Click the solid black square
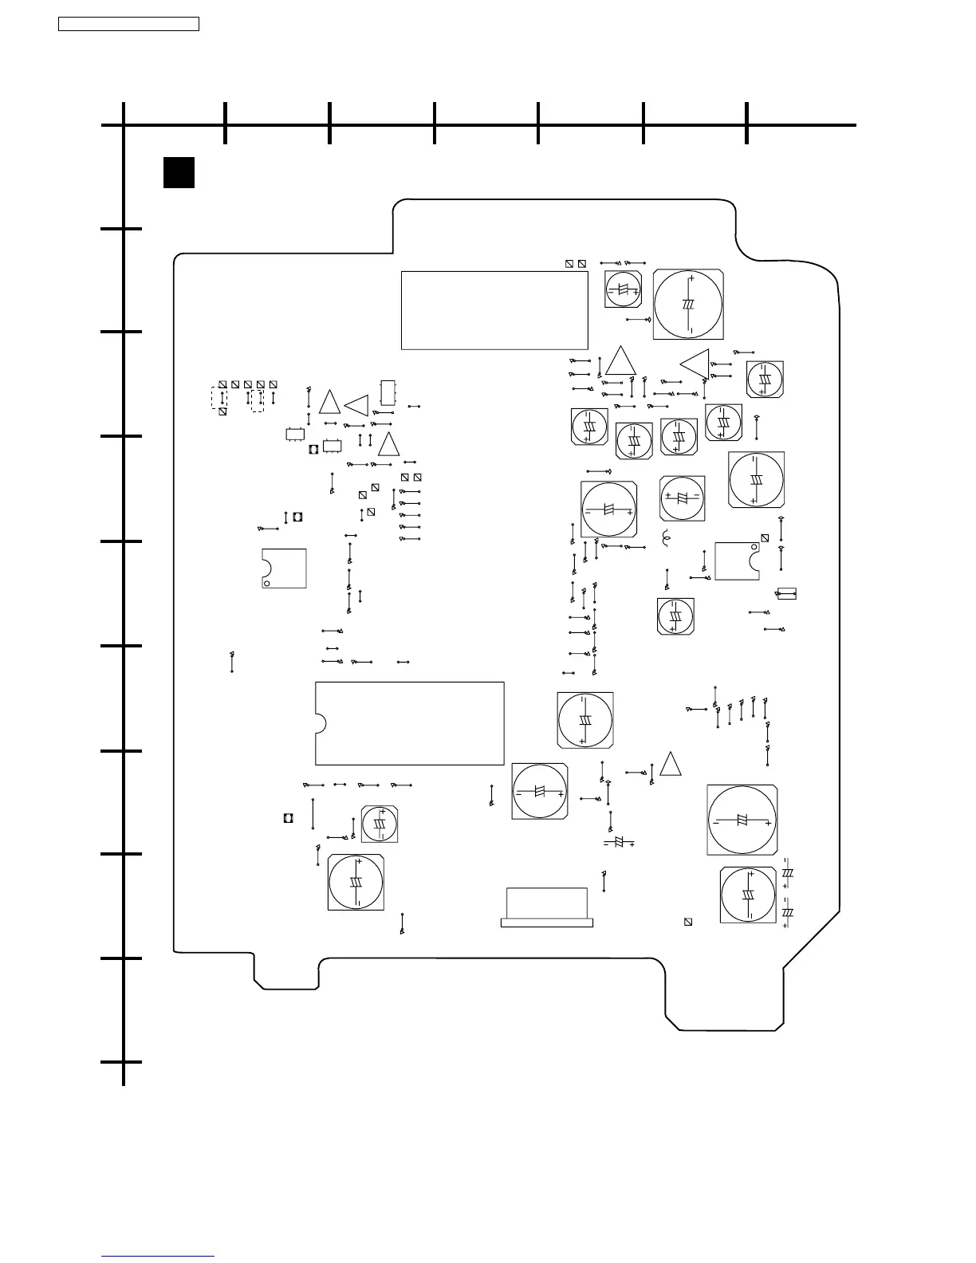click(179, 172)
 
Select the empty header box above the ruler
click(128, 24)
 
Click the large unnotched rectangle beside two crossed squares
click(494, 310)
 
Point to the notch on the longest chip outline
click(321, 723)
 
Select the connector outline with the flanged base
click(547, 907)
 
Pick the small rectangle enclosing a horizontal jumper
click(786, 593)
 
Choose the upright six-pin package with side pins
click(388, 393)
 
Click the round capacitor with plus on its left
click(683, 497)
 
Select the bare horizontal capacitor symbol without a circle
click(619, 843)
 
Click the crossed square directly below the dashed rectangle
click(222, 412)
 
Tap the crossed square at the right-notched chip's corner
click(765, 538)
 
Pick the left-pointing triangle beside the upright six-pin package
click(356, 405)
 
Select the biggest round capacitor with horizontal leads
click(742, 820)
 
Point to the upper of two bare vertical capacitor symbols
click(787, 873)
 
